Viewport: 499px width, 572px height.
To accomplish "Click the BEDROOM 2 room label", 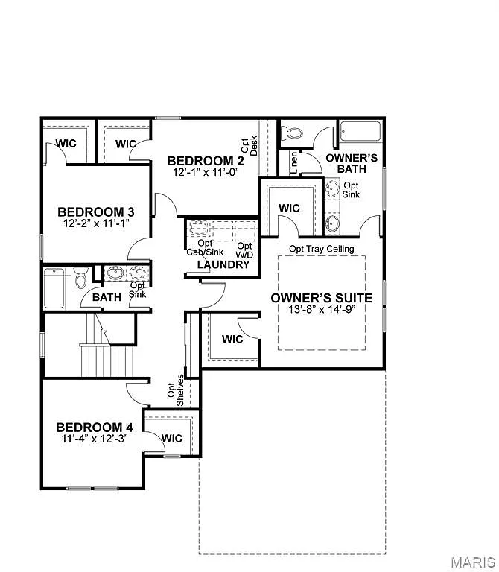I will click(205, 161).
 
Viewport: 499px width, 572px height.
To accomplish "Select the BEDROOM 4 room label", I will click(95, 427).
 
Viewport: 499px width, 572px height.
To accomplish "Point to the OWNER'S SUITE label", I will click(321, 298).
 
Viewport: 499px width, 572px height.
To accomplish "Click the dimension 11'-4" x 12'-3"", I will click(95, 439).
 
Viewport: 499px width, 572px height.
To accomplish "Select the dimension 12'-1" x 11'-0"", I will click(205, 172).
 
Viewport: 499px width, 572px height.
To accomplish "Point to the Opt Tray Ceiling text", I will click(321, 249).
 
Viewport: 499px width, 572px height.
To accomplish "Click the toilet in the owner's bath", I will click(293, 133).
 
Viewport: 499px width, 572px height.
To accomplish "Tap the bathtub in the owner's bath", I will click(360, 133).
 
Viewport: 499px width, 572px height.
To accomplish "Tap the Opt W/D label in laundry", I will click(244, 250).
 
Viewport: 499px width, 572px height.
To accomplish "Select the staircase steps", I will click(107, 360).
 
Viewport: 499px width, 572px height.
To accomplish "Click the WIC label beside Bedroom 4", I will click(172, 439).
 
